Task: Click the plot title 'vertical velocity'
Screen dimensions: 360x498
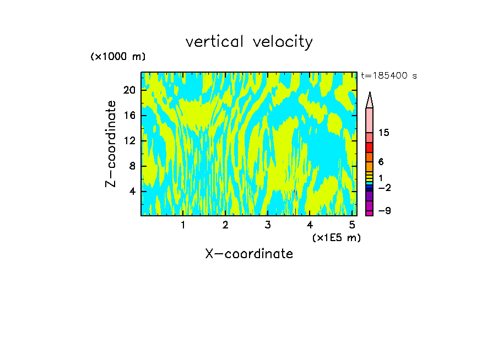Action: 249,42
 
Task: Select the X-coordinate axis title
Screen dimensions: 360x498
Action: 249,254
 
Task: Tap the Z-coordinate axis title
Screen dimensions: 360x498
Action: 111,144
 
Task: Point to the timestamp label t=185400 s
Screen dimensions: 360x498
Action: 388,76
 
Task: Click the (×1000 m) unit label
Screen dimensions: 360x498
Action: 118,57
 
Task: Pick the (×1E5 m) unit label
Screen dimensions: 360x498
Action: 336,238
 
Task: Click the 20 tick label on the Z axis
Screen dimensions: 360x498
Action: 129,90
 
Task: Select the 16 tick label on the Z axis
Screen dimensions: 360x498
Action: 129,116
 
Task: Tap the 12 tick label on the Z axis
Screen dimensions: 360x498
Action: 129,141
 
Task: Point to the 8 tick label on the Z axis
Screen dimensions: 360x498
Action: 132,166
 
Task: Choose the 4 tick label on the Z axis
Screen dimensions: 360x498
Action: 132,192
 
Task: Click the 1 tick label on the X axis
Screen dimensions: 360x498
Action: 183,225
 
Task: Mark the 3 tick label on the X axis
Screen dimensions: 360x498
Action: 267,225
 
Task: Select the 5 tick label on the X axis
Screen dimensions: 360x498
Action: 352,225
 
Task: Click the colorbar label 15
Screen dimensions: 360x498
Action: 384,133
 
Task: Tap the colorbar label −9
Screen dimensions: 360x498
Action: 384,211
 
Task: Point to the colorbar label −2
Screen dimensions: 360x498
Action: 384,188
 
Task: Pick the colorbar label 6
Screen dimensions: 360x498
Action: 381,162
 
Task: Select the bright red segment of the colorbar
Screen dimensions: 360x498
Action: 370,148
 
